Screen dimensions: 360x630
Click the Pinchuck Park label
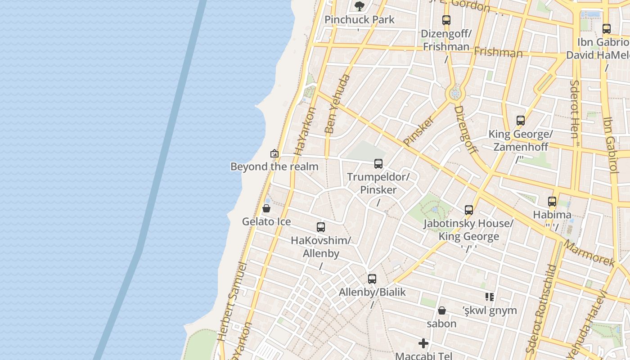tap(359, 20)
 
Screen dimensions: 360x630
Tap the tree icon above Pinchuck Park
tap(359, 6)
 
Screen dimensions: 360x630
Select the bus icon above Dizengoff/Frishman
tap(446, 20)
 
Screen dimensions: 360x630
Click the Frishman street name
tap(498, 52)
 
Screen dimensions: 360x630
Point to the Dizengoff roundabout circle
tap(455, 94)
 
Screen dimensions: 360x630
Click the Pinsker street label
tap(419, 131)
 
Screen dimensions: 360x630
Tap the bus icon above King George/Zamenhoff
tap(521, 121)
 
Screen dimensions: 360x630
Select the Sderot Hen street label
tap(575, 112)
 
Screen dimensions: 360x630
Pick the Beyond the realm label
tap(274, 167)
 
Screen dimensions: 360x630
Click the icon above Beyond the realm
tap(274, 154)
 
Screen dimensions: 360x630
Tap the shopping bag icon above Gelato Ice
tap(266, 208)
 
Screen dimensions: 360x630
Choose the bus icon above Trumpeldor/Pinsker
tap(378, 164)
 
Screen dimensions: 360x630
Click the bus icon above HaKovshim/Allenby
tap(320, 227)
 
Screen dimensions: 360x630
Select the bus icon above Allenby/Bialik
tap(372, 279)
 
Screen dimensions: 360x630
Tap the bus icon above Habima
tap(552, 202)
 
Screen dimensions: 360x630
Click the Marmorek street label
tap(588, 253)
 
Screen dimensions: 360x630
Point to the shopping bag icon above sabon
tap(442, 310)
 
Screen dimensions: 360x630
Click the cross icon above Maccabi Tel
tap(423, 344)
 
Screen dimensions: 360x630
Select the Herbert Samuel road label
tap(232, 302)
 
